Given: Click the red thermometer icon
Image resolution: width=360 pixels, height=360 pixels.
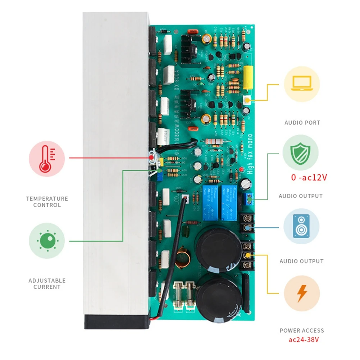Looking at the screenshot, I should tap(47, 158).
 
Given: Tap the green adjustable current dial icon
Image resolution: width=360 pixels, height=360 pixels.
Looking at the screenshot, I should tap(47, 241).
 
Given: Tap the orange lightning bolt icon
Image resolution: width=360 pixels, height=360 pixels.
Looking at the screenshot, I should tap(301, 293).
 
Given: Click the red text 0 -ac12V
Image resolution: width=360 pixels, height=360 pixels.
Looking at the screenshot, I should tap(309, 177).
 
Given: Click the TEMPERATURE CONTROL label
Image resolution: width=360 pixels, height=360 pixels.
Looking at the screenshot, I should tap(47, 202).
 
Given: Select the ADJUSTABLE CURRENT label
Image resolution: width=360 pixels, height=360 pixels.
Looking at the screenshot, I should tap(47, 284).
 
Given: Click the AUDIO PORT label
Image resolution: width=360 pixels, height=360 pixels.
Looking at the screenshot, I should tap(302, 123).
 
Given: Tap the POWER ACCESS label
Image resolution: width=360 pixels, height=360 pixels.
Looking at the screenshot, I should tap(302, 331).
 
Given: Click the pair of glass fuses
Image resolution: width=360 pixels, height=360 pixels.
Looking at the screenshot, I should tap(184, 293).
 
